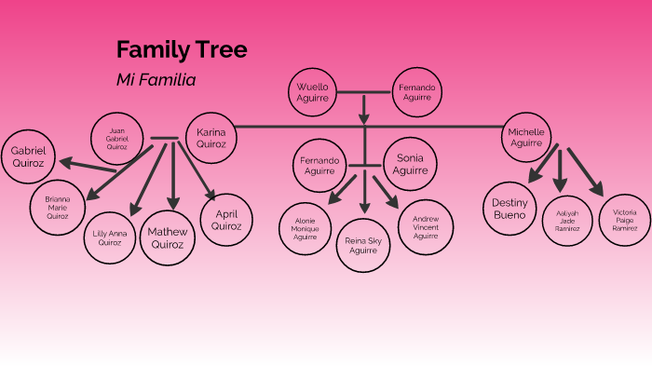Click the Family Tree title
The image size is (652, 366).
pyautogui.click(x=182, y=50)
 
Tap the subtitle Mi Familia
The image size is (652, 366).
pyautogui.click(x=156, y=80)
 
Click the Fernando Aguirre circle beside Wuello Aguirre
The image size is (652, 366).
pyautogui.click(x=415, y=92)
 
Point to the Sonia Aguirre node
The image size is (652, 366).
pyautogui.click(x=410, y=164)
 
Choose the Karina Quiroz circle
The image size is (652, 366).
pyautogui.click(x=211, y=139)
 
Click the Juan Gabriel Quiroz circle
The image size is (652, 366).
pyautogui.click(x=116, y=139)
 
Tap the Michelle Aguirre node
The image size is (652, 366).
pyautogui.click(x=526, y=138)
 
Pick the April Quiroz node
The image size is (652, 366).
pyautogui.click(x=226, y=219)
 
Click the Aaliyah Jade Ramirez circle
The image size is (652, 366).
pyautogui.click(x=568, y=220)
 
